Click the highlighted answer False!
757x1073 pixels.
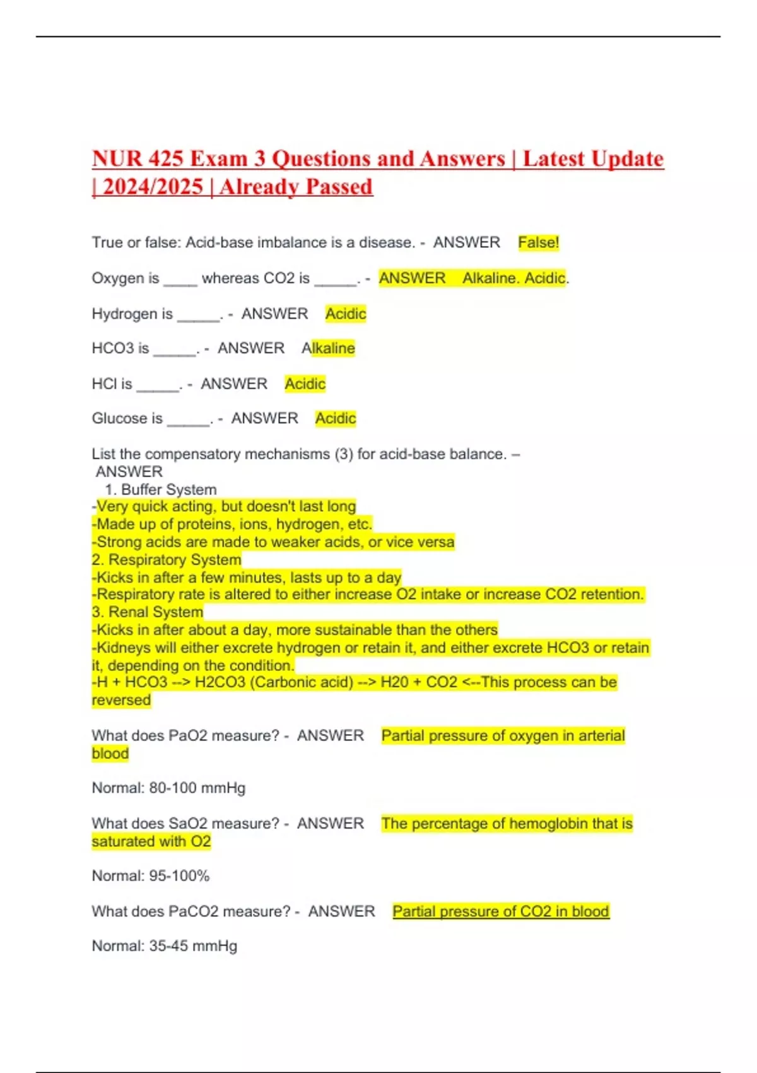(538, 242)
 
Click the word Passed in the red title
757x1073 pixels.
(339, 187)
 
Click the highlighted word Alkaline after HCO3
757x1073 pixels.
(329, 348)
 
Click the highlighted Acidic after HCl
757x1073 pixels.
(305, 384)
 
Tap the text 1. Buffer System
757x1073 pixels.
(161, 489)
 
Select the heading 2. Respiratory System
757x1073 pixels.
(167, 560)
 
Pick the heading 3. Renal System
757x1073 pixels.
(148, 612)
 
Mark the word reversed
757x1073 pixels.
(121, 700)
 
